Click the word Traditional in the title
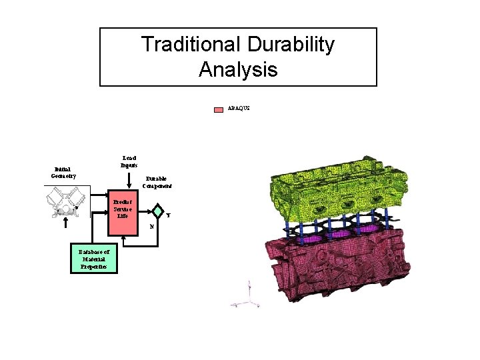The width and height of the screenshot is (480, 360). [x=191, y=45]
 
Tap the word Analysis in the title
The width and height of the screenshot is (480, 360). [x=238, y=69]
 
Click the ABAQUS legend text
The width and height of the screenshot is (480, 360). [x=239, y=107]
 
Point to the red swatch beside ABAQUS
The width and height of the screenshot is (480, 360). [x=219, y=109]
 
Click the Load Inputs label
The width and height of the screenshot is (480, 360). [x=129, y=161]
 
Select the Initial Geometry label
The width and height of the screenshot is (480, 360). [x=63, y=172]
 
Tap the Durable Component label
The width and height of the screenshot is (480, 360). [x=157, y=182]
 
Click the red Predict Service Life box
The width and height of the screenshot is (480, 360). [x=122, y=208]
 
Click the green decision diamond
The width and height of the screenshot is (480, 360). [x=157, y=211]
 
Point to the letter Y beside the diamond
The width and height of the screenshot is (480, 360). [x=168, y=215]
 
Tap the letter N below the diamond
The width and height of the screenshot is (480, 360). [x=152, y=226]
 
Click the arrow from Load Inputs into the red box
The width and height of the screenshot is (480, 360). [x=129, y=183]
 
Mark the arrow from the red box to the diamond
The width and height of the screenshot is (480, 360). [x=143, y=211]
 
